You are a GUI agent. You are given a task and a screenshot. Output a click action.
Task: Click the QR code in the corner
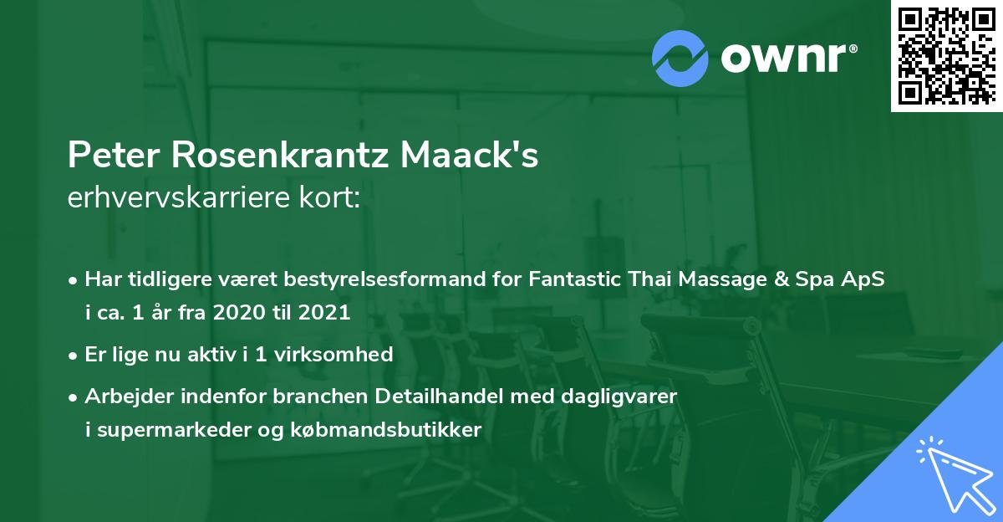(x=946, y=55)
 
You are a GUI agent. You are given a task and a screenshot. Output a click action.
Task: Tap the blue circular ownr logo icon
(x=681, y=58)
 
